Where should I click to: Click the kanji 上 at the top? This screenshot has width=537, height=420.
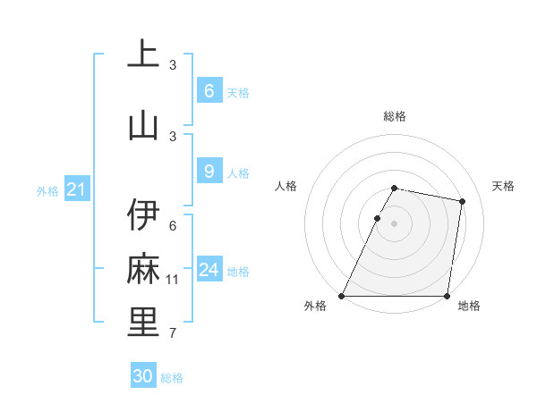point(143,54)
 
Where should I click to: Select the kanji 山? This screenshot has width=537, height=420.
point(143,125)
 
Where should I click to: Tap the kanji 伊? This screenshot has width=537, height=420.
point(143,215)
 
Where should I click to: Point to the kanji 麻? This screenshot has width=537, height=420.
point(143,269)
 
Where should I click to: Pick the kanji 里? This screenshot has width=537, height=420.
point(143,323)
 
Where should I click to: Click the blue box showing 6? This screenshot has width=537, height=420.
point(209,90)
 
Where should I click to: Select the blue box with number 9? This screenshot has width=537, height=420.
point(209,171)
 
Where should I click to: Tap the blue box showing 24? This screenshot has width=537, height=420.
point(209,269)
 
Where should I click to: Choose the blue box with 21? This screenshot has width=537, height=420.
point(77,189)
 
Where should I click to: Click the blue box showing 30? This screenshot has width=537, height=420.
point(143,376)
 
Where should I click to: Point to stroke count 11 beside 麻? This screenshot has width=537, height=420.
point(173,280)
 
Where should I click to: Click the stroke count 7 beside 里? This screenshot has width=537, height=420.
point(173,333)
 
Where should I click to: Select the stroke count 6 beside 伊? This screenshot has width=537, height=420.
point(173,226)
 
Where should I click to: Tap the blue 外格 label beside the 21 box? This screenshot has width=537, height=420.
point(47,190)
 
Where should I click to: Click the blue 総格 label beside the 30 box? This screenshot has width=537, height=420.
point(173,378)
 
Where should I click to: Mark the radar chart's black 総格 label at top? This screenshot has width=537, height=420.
point(395,116)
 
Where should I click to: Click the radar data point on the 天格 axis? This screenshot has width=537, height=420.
point(462,201)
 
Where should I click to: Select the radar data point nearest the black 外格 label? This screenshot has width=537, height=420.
point(342,296)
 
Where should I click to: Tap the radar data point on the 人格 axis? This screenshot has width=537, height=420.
point(377,218)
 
